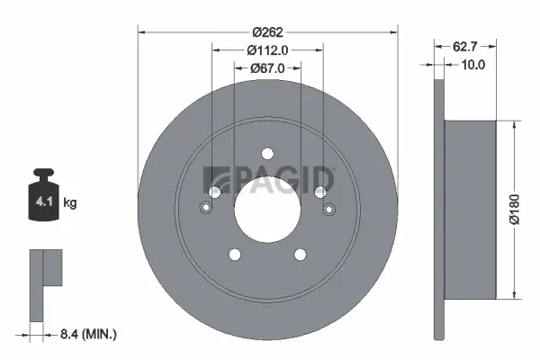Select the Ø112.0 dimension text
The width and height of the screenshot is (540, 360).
[266, 49]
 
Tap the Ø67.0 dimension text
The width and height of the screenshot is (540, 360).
[267, 67]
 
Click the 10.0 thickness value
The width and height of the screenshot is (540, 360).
[472, 64]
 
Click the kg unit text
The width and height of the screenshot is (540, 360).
[71, 203]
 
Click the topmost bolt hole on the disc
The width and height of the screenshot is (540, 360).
[267, 153]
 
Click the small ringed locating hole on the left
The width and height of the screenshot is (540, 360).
[205, 210]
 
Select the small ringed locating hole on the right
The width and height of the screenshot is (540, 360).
[329, 210]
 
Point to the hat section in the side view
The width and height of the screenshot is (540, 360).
[470, 209]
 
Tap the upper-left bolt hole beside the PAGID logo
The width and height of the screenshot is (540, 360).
[215, 192]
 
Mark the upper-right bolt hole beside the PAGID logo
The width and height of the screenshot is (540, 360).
[319, 191]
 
